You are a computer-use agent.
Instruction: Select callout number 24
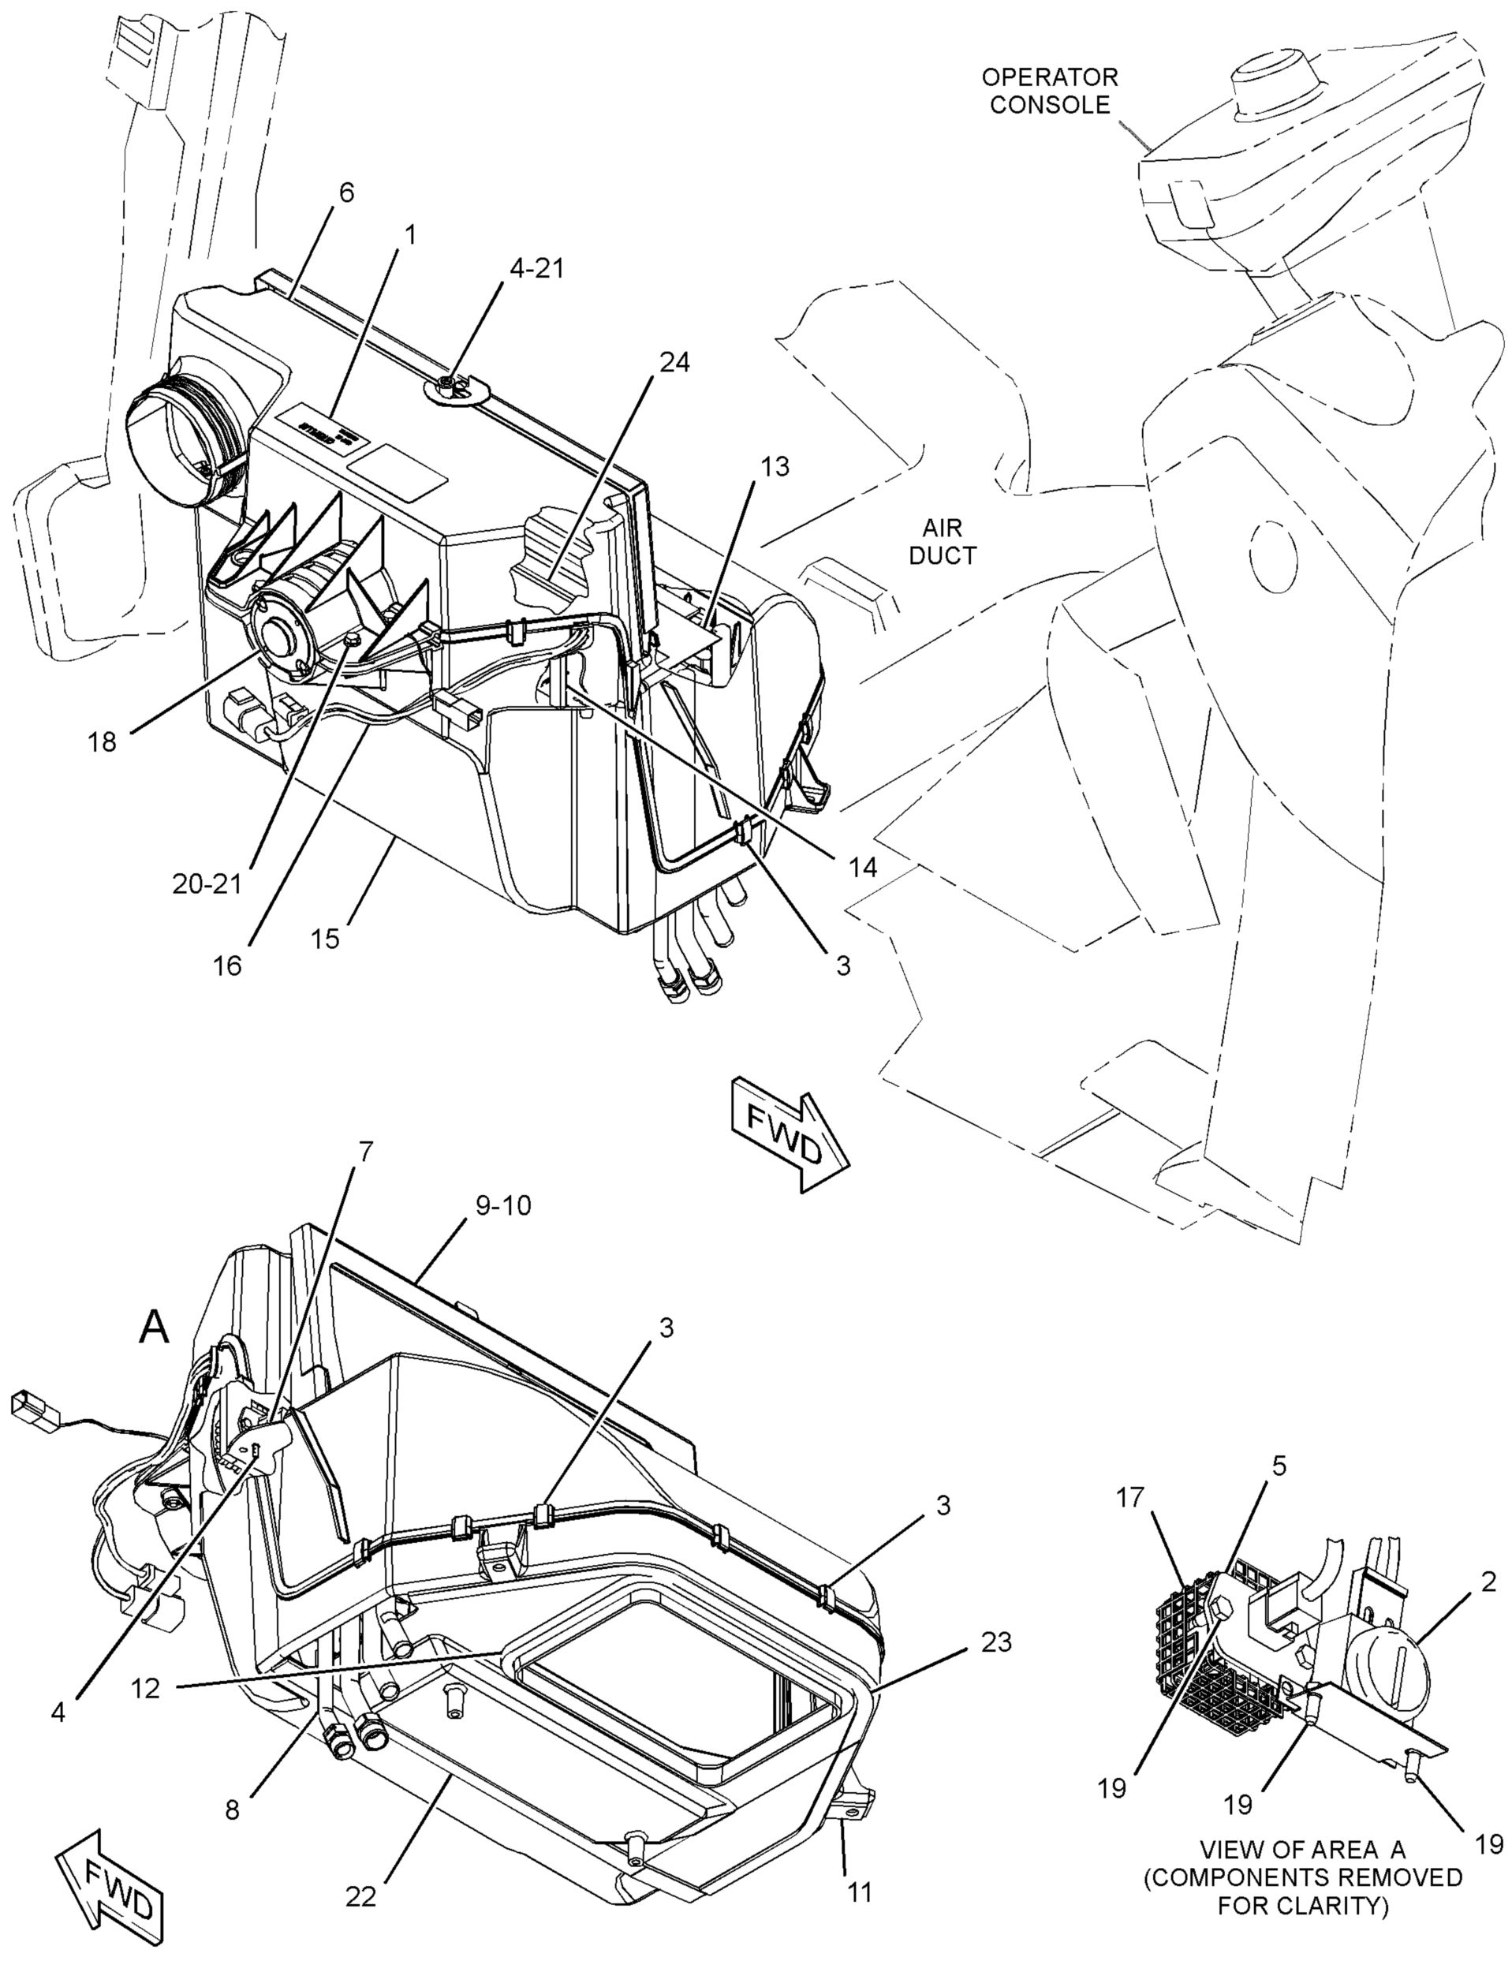[x=674, y=362]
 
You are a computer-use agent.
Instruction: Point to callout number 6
[x=345, y=192]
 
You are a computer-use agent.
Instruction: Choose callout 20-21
[x=208, y=883]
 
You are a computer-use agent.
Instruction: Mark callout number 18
[x=103, y=741]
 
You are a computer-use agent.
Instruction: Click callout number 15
[x=326, y=938]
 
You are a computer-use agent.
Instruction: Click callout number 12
[x=145, y=1687]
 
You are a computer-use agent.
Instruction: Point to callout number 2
[x=1488, y=1582]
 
